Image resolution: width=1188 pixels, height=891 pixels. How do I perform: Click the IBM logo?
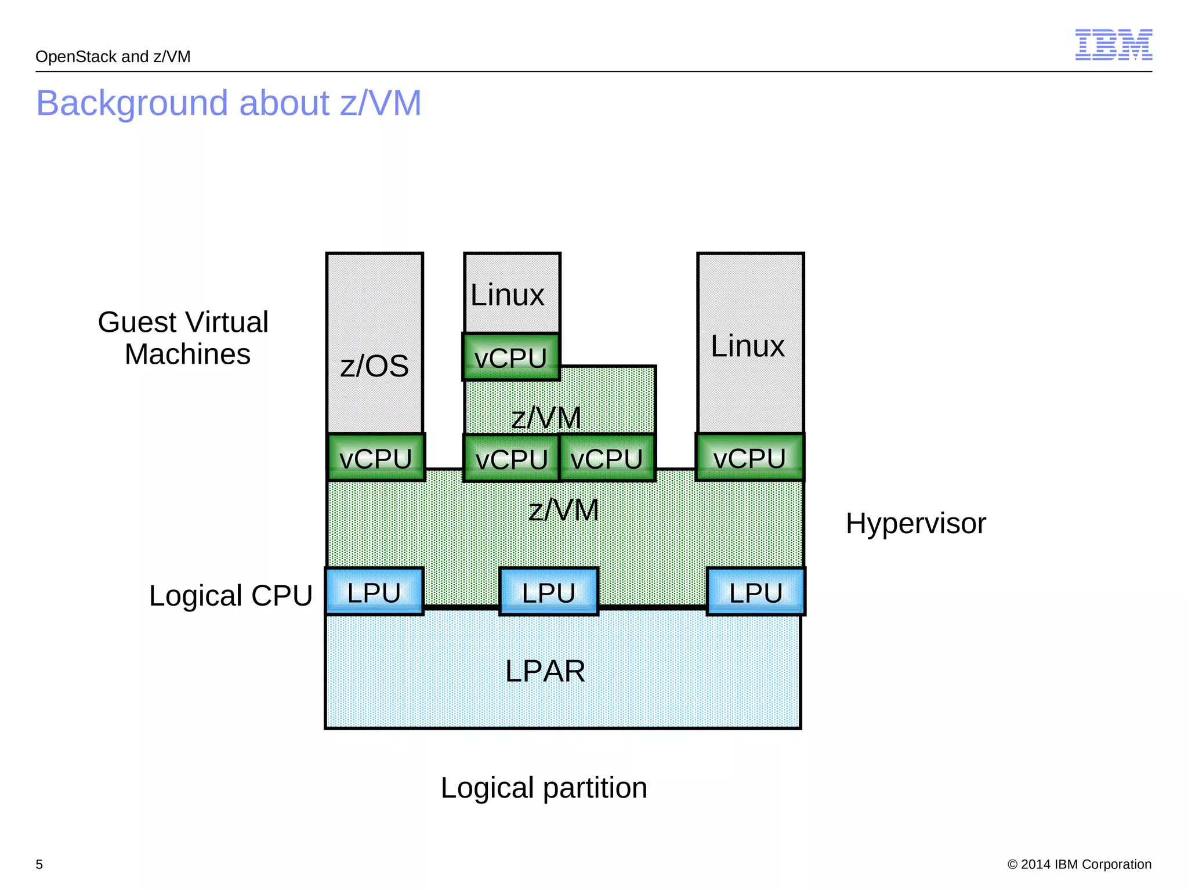click(1113, 45)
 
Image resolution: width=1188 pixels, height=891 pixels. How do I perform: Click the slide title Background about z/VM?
click(229, 103)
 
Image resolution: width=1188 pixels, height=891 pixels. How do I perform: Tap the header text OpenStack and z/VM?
click(113, 57)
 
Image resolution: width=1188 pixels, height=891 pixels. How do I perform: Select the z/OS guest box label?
click(375, 366)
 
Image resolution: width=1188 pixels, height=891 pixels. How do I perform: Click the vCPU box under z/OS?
click(376, 458)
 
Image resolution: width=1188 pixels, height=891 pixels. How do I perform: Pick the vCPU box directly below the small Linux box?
click(511, 357)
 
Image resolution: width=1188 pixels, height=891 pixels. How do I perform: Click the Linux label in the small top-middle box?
click(507, 295)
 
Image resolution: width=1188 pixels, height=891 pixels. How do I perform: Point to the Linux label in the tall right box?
click(748, 346)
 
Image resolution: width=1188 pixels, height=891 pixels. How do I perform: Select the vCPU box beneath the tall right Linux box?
click(749, 458)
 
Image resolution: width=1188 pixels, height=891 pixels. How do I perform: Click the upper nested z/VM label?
click(546, 418)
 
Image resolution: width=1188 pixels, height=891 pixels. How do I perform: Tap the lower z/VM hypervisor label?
click(563, 510)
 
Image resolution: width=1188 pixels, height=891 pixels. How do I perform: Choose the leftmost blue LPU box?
click(374, 592)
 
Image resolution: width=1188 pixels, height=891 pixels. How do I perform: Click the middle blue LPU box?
click(549, 592)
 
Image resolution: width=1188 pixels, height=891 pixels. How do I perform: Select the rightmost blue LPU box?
click(756, 592)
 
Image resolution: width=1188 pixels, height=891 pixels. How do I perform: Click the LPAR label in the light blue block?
click(545, 671)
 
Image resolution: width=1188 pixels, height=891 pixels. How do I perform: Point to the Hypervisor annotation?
click(915, 523)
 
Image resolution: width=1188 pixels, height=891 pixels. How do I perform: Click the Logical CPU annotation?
click(231, 596)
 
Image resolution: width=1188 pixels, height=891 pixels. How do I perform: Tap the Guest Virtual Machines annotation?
click(184, 338)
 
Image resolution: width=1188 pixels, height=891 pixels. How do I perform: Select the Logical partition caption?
click(544, 788)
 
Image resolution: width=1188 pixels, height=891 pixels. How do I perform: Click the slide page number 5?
click(39, 864)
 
